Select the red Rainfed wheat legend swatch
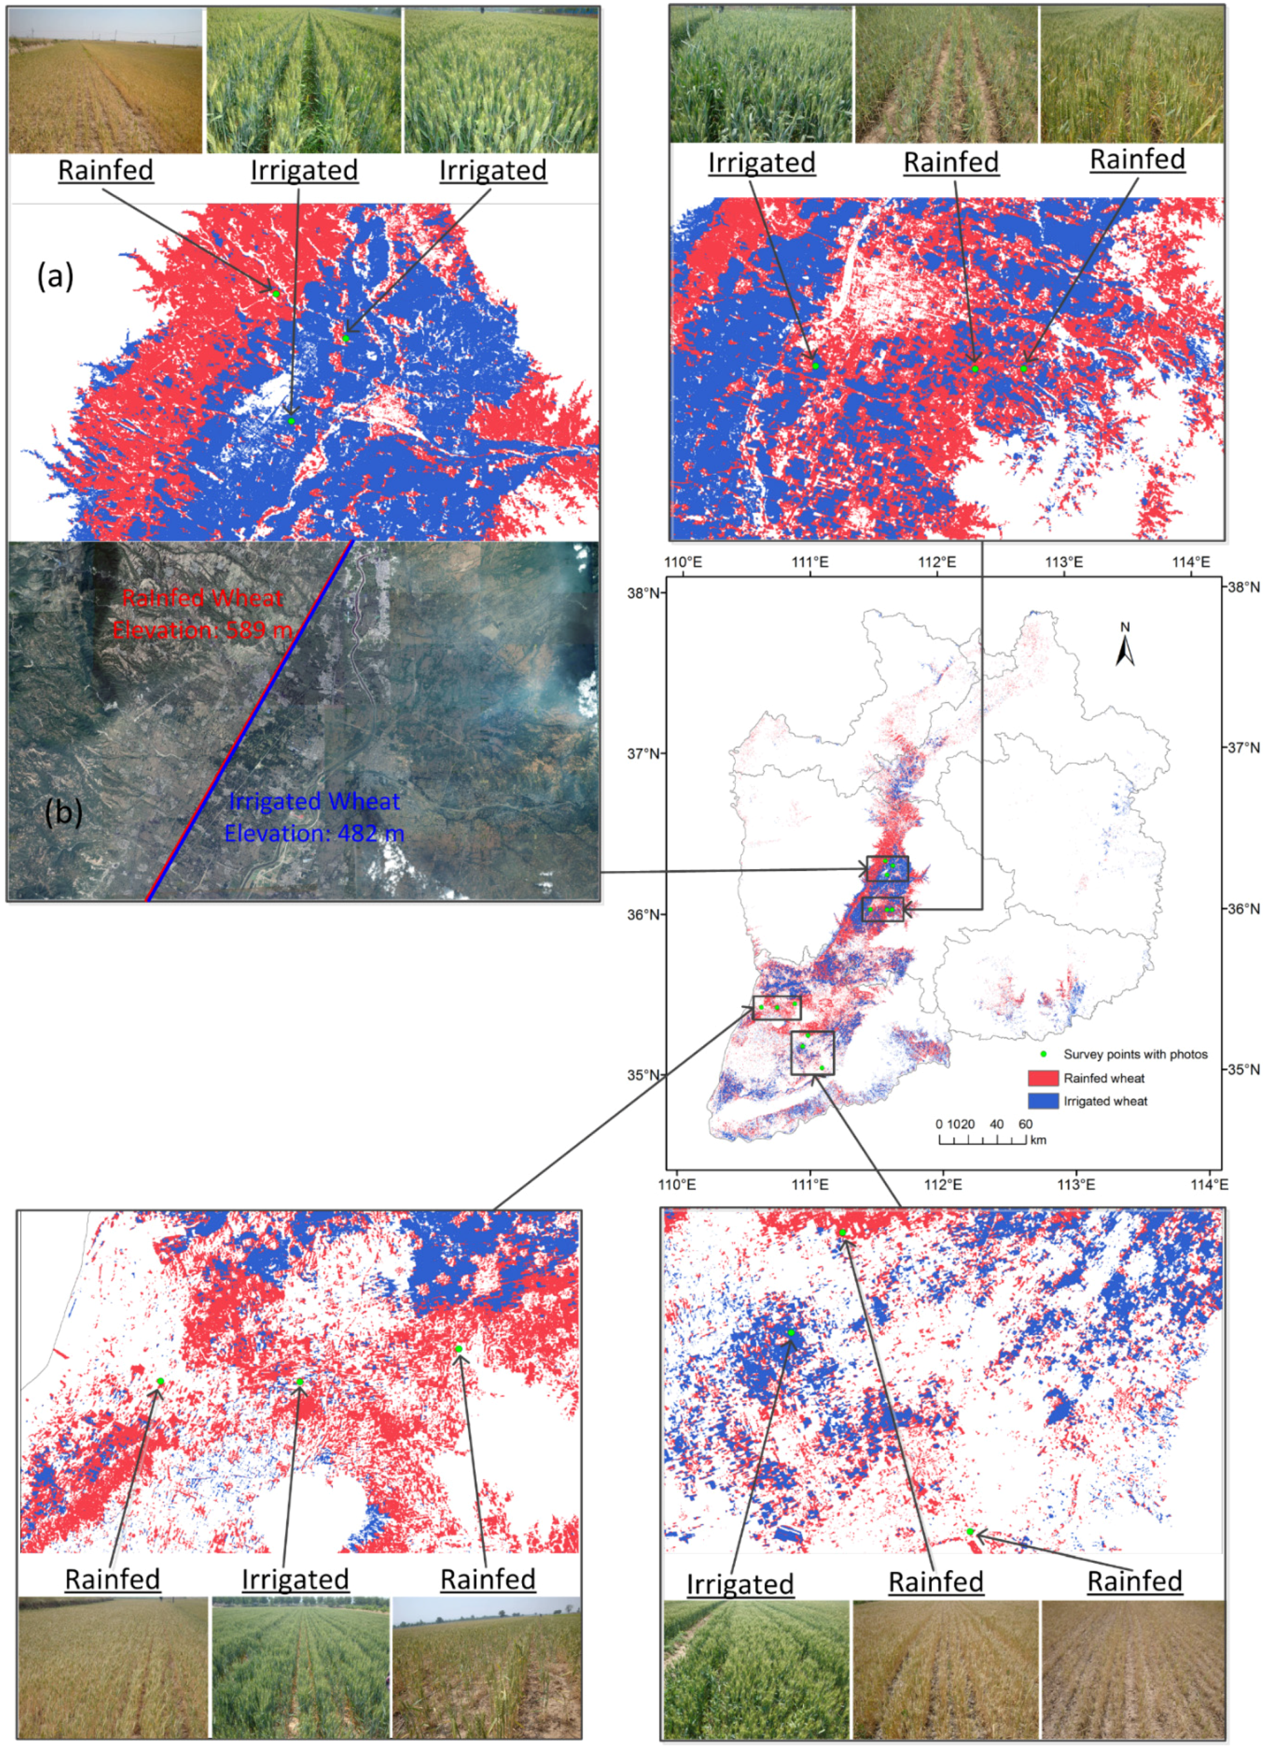point(1042,1078)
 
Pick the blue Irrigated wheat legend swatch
point(1042,1102)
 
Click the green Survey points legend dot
point(1043,1054)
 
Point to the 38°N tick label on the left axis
point(643,593)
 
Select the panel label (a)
point(55,276)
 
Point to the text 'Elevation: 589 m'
point(202,630)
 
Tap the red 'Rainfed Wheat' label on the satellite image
point(202,598)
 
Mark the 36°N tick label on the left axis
point(643,914)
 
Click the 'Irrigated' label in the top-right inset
point(761,162)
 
